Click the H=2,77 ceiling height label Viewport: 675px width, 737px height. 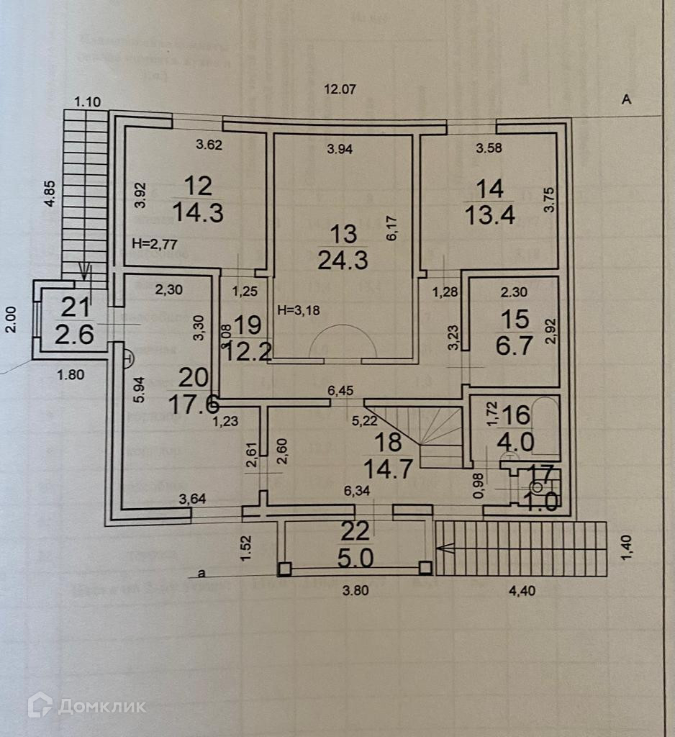[x=155, y=245]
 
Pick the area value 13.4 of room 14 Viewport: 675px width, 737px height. [x=490, y=214]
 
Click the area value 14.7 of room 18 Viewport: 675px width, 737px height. [x=388, y=469]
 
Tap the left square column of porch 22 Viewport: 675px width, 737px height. [x=286, y=569]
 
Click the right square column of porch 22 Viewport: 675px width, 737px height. [x=425, y=568]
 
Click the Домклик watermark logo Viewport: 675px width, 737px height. [x=86, y=705]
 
